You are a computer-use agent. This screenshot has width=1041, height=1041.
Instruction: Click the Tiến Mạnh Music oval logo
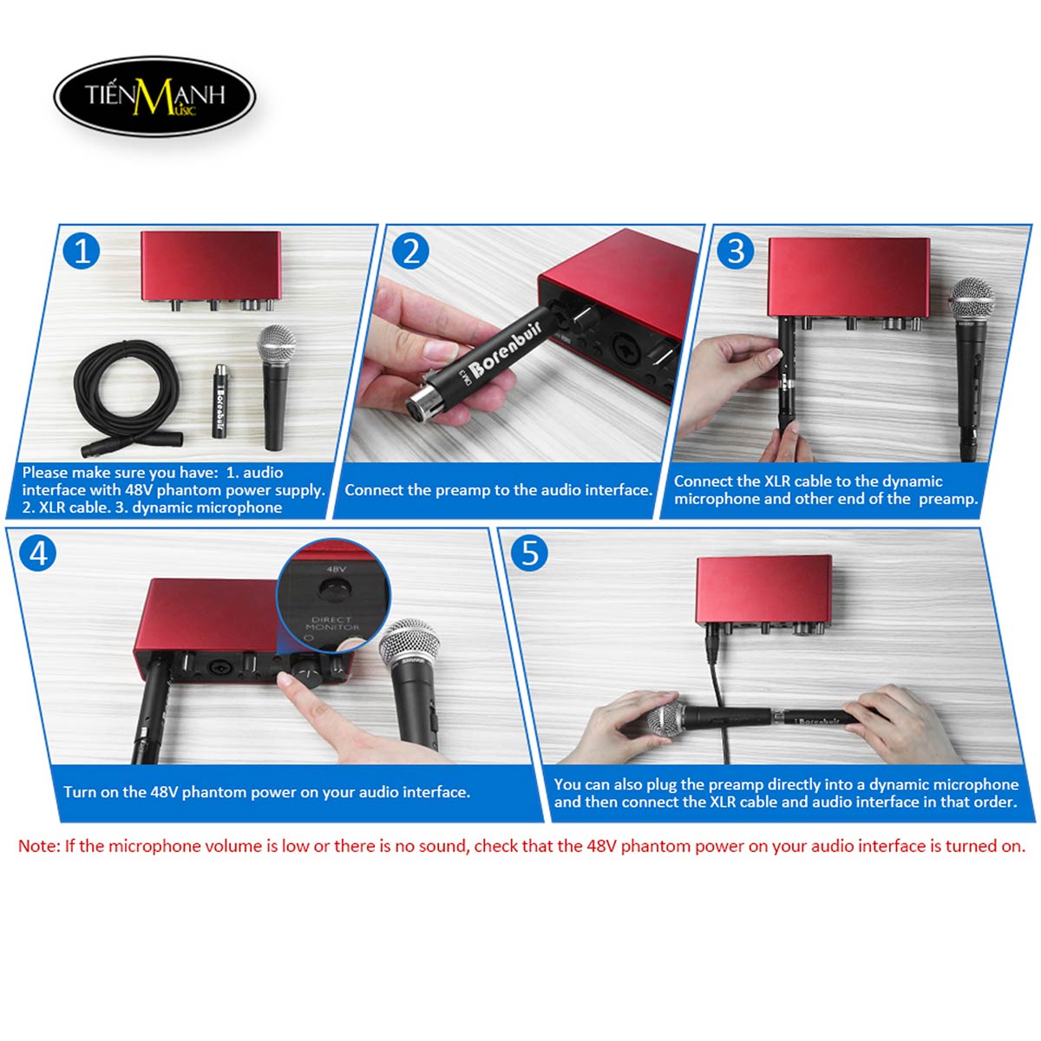(154, 96)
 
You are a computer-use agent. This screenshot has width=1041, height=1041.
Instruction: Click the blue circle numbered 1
(81, 251)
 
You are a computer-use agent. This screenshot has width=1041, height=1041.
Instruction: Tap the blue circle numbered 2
(410, 251)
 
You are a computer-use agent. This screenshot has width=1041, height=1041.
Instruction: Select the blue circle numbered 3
(736, 251)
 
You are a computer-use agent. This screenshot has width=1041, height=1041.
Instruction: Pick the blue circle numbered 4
(37, 553)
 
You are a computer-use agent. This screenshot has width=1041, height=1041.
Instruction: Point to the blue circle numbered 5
(529, 553)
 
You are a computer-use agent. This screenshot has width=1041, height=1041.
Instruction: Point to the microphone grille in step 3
(972, 298)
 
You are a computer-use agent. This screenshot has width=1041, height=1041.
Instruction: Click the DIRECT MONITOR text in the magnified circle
(332, 624)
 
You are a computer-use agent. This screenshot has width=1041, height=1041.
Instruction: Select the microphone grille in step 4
(408, 643)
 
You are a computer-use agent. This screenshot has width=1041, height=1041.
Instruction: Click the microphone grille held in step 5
(665, 723)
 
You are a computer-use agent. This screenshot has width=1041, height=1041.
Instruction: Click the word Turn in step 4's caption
(80, 792)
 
